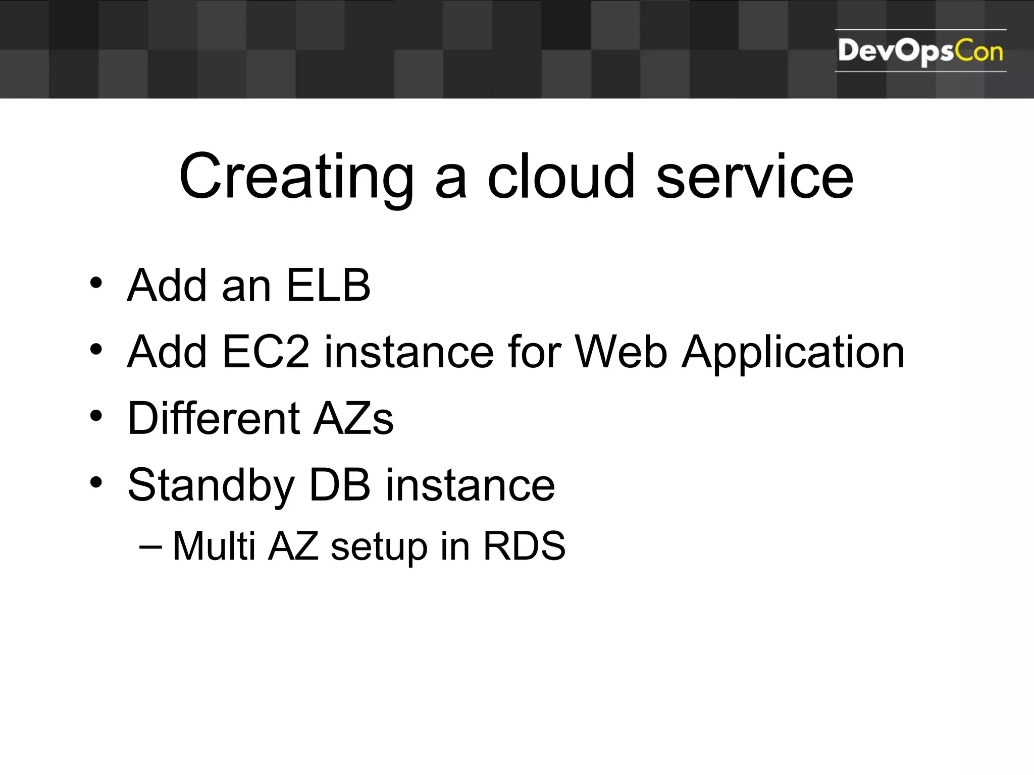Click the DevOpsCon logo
pos(920,51)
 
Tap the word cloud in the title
pos(560,177)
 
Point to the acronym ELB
pos(329,286)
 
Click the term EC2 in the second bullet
pos(266,352)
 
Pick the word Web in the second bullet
pos(622,352)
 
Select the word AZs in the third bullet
pos(353,418)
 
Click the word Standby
pos(211,485)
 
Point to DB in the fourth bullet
pos(339,485)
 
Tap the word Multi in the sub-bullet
pos(214,546)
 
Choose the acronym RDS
pos(524,546)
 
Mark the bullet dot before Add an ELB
pos(96,283)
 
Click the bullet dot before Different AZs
pos(96,416)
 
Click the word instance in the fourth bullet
pos(470,485)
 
